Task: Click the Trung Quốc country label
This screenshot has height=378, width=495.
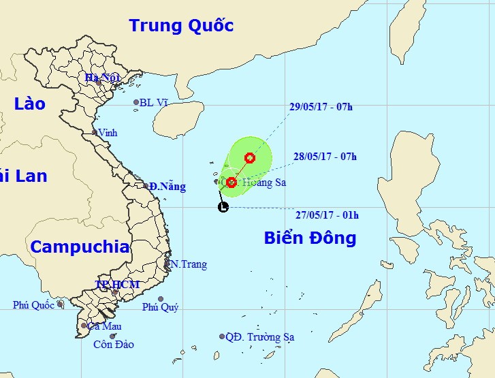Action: (181, 26)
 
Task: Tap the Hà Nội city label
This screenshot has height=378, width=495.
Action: (102, 77)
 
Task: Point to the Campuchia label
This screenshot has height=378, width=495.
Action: (80, 247)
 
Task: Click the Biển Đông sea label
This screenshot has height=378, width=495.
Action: (310, 238)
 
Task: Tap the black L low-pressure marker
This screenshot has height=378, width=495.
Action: (223, 207)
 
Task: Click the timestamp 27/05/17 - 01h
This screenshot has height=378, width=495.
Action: (327, 215)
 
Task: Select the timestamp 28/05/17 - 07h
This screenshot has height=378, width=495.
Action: (326, 156)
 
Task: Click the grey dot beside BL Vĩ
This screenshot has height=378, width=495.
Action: (136, 103)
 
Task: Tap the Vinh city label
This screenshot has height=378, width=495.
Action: (108, 133)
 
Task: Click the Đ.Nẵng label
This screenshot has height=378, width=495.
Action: (164, 186)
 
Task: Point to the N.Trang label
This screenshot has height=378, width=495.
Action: (189, 264)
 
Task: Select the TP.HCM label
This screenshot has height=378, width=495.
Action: (117, 284)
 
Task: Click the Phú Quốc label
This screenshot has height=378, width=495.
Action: (33, 305)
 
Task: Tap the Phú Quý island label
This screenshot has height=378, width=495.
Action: (160, 307)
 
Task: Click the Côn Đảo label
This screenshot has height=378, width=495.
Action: (114, 345)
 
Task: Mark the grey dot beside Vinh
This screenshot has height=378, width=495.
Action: (95, 132)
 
